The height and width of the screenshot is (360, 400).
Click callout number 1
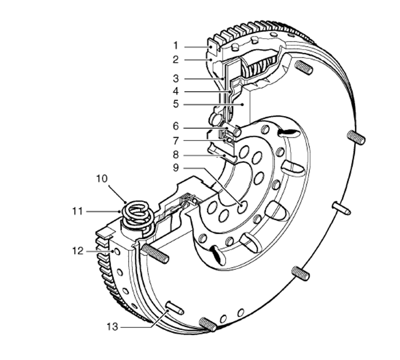[175, 46]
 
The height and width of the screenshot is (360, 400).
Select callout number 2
[175, 60]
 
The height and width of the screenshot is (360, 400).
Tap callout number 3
[175, 79]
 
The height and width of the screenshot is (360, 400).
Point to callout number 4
[175, 91]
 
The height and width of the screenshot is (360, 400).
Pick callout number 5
[175, 104]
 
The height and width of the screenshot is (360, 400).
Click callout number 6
[175, 126]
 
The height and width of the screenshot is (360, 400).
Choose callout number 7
[175, 141]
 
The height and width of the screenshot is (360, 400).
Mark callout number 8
[175, 155]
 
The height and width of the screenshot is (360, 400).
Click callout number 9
[175, 168]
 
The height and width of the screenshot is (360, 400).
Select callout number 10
[102, 178]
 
